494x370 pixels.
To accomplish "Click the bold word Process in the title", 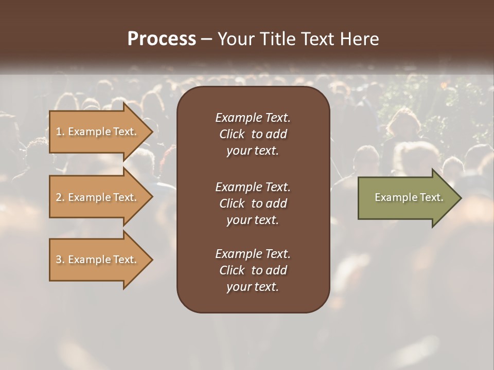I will pos(162,39).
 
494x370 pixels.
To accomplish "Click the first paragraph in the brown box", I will pos(253,134).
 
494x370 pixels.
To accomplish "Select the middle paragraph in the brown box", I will pos(253,203).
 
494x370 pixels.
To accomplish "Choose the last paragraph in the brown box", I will pos(253,270).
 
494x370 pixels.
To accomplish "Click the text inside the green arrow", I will pos(409,197).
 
